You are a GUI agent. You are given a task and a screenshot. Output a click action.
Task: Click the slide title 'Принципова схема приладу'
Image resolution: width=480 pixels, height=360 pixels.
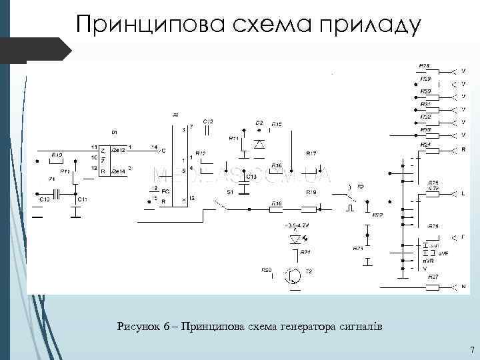point(248,24)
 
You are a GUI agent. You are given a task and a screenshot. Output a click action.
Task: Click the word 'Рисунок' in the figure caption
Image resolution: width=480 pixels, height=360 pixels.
point(139,327)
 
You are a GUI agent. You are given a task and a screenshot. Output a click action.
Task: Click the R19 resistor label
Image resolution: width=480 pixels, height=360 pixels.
point(311,191)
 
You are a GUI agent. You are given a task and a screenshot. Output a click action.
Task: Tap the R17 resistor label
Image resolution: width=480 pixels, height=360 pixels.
point(311,154)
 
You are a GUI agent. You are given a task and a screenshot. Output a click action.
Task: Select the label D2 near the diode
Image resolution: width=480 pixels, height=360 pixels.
point(259,123)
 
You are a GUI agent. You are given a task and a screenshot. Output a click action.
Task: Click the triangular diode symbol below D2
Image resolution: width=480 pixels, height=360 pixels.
point(260,143)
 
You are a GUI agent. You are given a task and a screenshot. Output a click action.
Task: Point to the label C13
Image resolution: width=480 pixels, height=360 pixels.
point(251,177)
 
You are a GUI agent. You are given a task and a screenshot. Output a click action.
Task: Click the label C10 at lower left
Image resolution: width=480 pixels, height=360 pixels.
point(44,199)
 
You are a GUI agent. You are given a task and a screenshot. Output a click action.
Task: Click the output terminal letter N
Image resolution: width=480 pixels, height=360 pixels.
point(463,287)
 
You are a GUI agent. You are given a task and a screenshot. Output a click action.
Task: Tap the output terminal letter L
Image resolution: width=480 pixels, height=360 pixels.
point(463,193)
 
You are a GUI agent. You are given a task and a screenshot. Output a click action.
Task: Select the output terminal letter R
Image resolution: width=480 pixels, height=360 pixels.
point(463,149)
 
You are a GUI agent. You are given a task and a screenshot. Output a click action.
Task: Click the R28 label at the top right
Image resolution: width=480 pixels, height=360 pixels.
point(425,66)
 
